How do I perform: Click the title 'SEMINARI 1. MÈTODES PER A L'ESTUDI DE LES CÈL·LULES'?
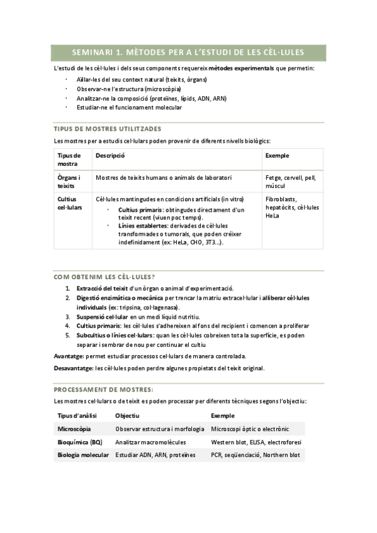[x=188, y=53]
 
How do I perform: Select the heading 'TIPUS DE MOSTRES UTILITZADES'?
[x=108, y=128]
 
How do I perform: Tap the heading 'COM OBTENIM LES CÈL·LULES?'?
[x=104, y=277]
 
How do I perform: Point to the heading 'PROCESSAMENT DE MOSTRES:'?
[x=104, y=390]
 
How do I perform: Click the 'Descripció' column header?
[x=111, y=155]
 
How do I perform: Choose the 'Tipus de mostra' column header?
[x=69, y=159]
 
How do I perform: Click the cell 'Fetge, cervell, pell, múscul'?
[x=291, y=182]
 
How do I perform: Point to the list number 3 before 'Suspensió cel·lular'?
[x=68, y=317]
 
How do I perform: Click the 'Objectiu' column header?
[x=127, y=416]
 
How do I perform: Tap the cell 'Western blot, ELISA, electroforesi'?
[x=256, y=442]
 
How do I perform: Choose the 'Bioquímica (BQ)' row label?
[x=79, y=442]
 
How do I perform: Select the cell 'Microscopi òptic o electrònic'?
[x=250, y=429]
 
